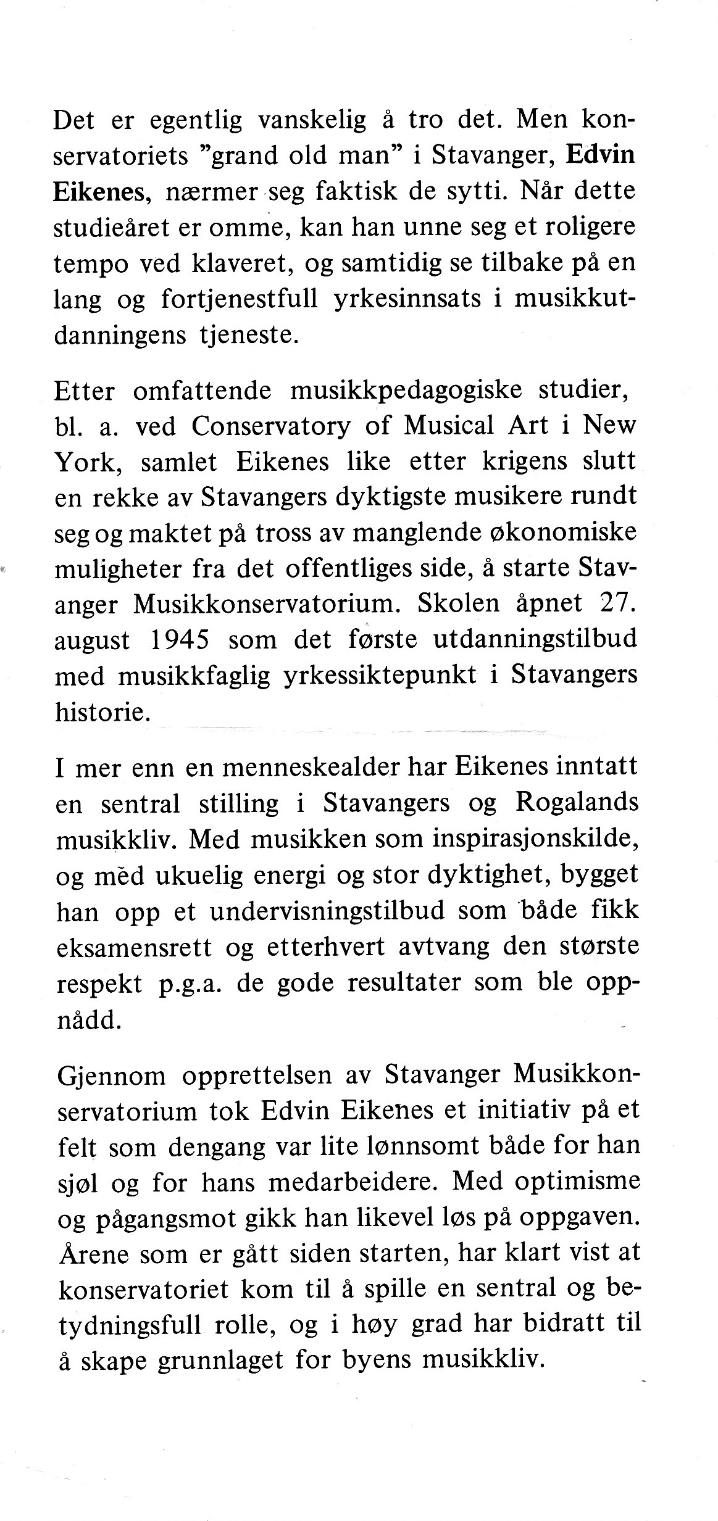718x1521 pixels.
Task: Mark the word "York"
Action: (87, 462)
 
